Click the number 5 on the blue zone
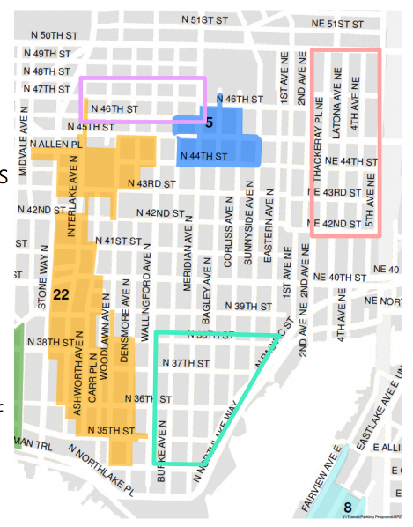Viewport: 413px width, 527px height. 209,122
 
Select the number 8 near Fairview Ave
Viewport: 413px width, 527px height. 348,507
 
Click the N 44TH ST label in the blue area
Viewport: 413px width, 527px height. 203,156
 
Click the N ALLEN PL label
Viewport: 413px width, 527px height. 56,142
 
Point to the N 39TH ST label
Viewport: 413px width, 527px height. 247,306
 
